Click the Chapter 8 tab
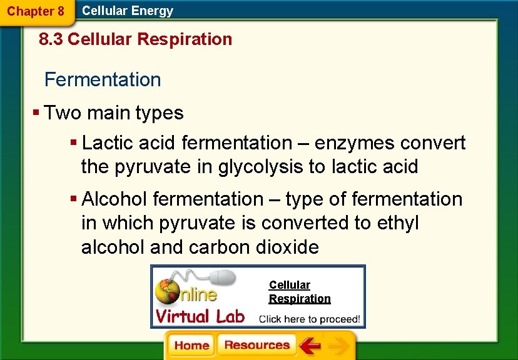[36, 11]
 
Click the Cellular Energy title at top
[128, 11]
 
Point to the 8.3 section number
[51, 39]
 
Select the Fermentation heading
[103, 79]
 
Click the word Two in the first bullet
[63, 113]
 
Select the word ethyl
[398, 223]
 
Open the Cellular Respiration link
[299, 292]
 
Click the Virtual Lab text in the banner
[200, 316]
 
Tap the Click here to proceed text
[310, 319]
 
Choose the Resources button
[256, 346]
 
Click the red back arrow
[309, 346]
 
